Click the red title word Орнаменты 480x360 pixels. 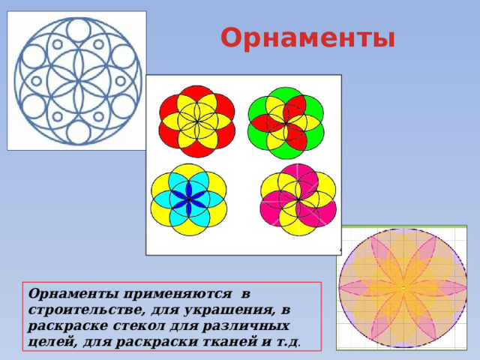307,37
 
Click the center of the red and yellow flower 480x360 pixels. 197,121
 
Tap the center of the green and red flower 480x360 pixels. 286,122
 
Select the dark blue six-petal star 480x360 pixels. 188,198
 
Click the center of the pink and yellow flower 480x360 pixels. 298,199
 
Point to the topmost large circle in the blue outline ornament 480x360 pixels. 77,29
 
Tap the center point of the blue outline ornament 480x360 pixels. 76,80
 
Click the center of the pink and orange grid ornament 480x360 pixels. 403,287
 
